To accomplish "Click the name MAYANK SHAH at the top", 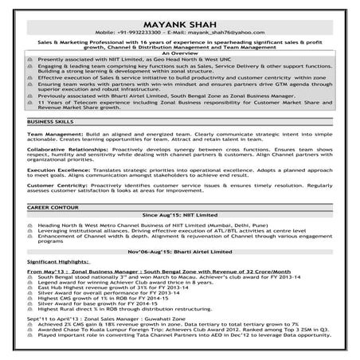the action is click(x=179, y=11).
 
